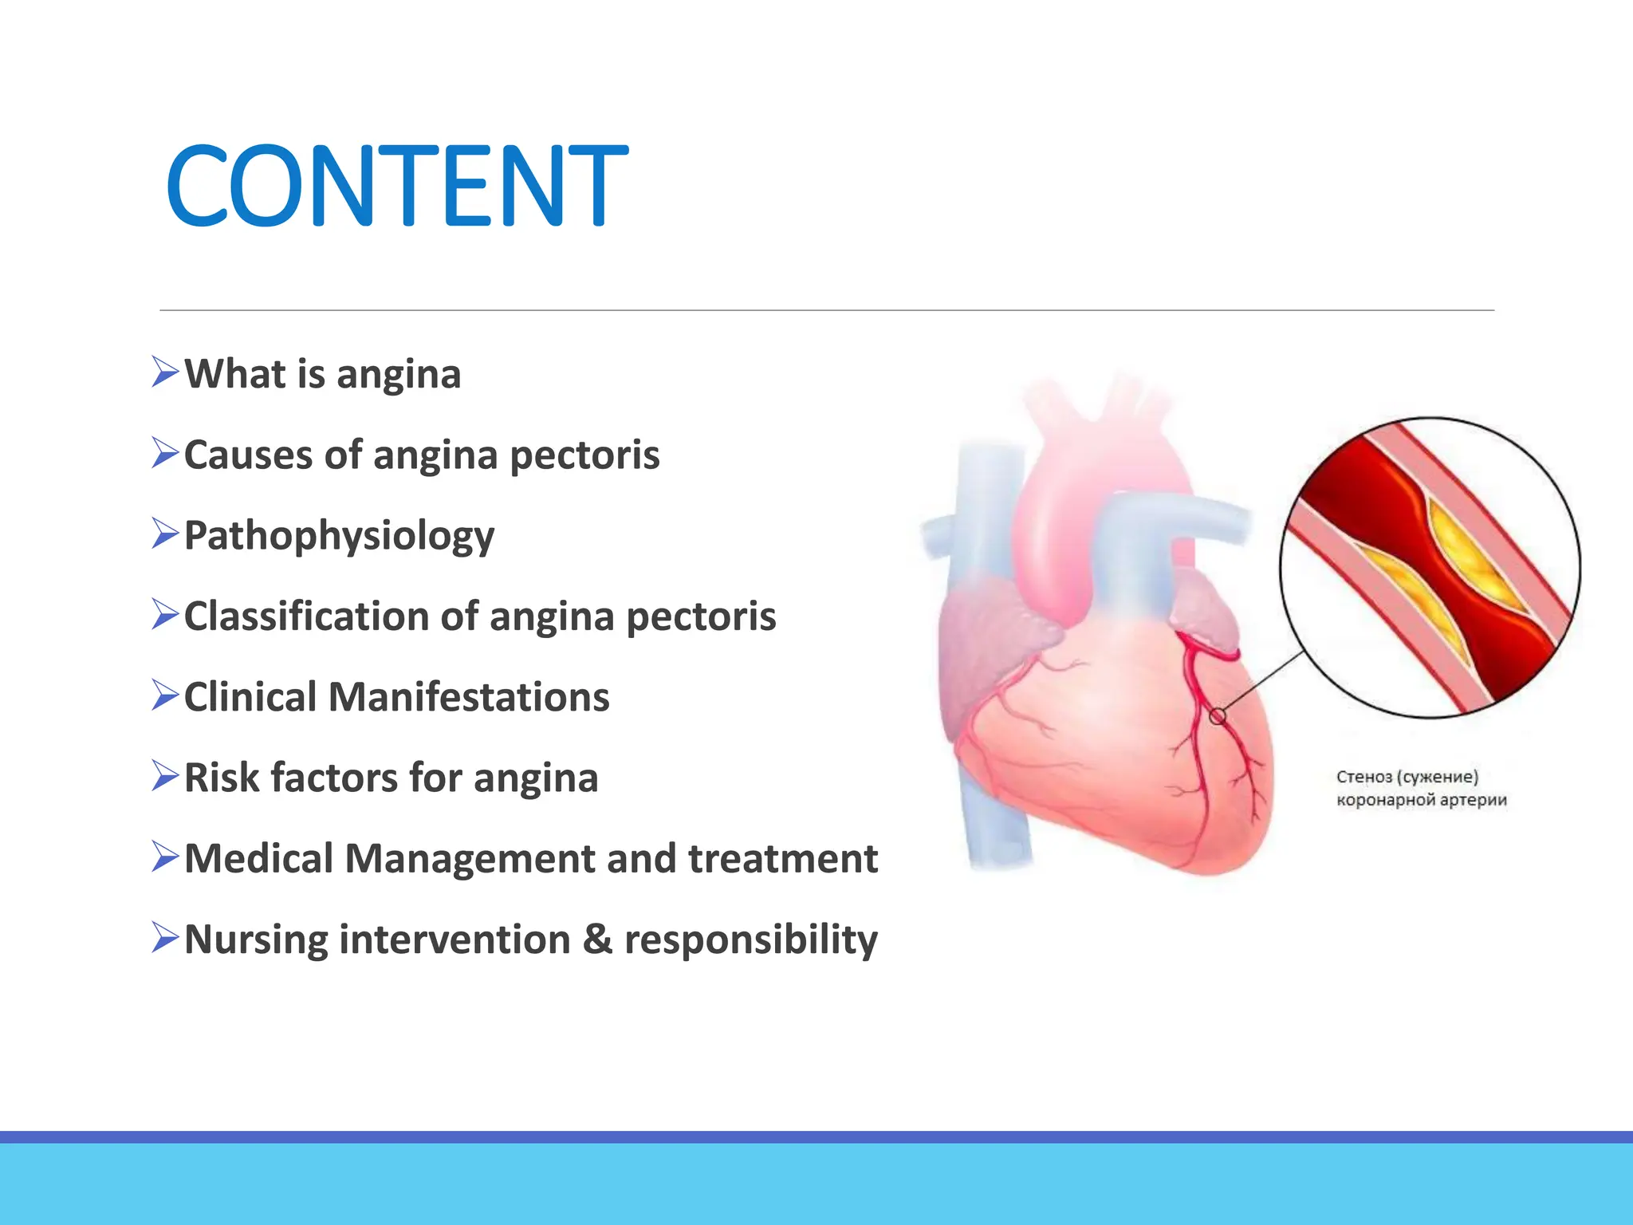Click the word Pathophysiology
339,536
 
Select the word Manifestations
468,697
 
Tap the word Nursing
255,940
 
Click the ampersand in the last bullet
597,939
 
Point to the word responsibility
750,940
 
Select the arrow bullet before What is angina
165,372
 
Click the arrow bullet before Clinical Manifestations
165,695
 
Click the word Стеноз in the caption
1363,777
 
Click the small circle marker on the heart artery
1218,716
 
